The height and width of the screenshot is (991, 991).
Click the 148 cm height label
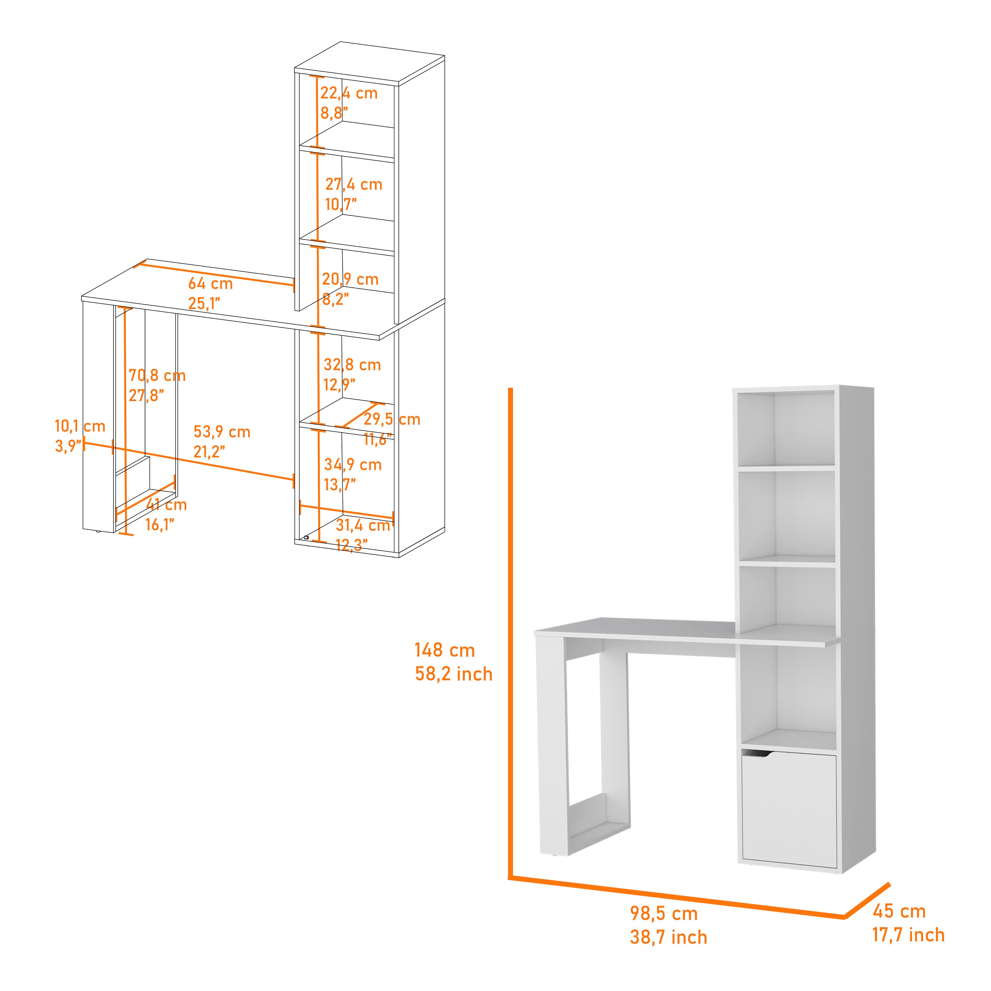[445, 650]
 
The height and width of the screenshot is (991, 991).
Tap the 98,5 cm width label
[664, 914]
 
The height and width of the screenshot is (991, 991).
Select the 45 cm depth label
[899, 911]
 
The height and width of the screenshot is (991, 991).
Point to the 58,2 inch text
[454, 674]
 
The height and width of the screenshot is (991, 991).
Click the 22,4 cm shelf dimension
[349, 93]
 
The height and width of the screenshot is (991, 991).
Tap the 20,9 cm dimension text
[350, 279]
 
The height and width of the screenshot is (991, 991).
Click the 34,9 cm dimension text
[353, 465]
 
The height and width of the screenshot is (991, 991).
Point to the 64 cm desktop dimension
[210, 284]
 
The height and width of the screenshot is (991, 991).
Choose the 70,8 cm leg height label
[157, 376]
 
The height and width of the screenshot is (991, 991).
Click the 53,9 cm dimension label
[222, 432]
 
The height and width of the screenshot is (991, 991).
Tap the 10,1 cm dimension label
[80, 426]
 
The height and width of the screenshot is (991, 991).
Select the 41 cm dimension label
[167, 505]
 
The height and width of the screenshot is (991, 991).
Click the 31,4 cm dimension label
[363, 525]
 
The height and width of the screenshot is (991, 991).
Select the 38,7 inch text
[668, 937]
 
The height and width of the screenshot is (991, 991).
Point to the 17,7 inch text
[908, 935]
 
